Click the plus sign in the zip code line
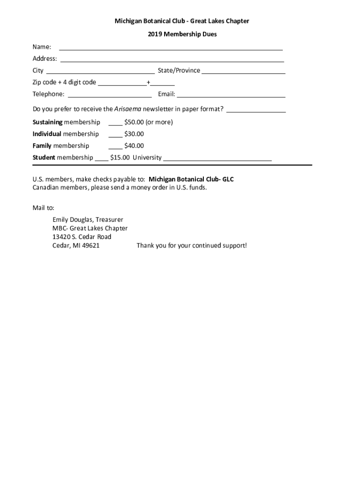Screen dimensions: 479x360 [x=148, y=82]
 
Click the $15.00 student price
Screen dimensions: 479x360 [x=120, y=158]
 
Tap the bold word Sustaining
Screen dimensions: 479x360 [x=47, y=122]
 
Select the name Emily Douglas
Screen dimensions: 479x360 [x=72, y=219]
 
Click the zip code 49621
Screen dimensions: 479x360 [x=90, y=246]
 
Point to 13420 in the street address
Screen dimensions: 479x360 [x=61, y=237]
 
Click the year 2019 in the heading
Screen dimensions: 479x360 [x=155, y=34]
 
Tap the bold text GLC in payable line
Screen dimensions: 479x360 [x=228, y=179]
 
